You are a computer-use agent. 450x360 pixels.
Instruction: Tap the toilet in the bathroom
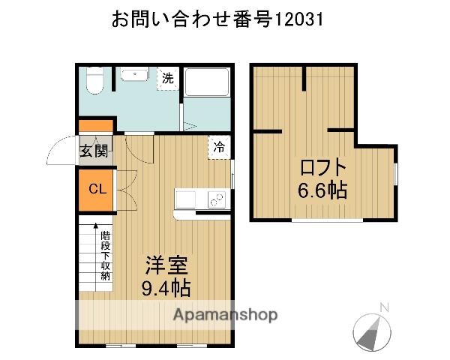click(94, 81)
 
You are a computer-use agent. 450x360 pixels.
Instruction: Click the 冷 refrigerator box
click(219, 147)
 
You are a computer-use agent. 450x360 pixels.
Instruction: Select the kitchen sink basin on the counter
click(186, 199)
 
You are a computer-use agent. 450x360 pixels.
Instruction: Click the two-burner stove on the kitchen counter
click(216, 199)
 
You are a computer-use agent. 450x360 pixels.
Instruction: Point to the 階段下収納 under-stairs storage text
click(105, 255)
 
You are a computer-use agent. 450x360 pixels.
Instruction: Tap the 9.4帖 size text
click(166, 287)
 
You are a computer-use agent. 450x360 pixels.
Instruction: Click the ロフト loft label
click(324, 167)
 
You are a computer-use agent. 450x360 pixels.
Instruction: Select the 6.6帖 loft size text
click(324, 190)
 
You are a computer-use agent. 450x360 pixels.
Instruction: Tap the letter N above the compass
click(384, 307)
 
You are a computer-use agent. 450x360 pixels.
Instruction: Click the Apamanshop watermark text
click(225, 314)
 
